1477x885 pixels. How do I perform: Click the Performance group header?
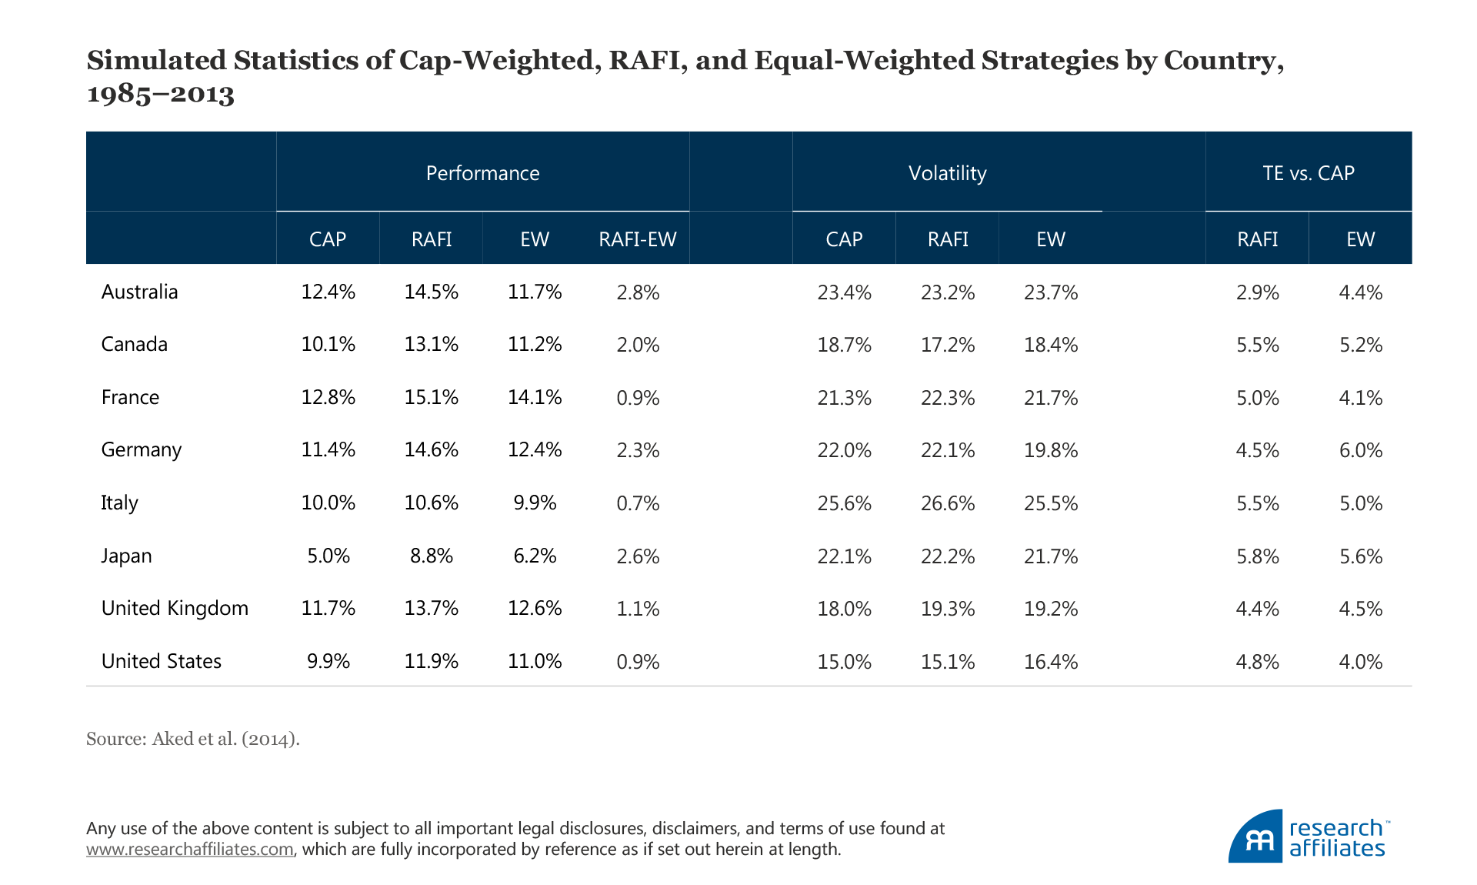click(482, 173)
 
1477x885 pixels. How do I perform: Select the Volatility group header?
click(947, 173)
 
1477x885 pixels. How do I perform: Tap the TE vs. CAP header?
click(1308, 173)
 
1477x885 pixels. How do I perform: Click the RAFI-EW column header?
click(637, 239)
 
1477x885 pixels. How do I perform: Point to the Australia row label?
click(139, 292)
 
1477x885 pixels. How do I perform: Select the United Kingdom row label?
click(175, 608)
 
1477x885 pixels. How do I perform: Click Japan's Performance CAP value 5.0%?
click(328, 556)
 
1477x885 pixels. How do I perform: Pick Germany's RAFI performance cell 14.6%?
click(432, 449)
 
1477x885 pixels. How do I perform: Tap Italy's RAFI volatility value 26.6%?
click(948, 503)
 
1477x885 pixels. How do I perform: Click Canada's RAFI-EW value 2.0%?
click(638, 345)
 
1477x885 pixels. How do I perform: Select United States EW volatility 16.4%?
click(1051, 662)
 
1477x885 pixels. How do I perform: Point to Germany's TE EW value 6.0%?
click(1361, 450)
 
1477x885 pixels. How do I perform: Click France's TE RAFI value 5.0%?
click(1258, 398)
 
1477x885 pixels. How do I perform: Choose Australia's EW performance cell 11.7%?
click(535, 292)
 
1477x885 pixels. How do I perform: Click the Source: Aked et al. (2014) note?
click(193, 739)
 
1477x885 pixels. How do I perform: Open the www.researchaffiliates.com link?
click(190, 850)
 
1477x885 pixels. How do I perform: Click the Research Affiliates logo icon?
click(1255, 837)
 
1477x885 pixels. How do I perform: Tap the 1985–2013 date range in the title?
click(160, 94)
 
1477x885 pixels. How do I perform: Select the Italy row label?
click(119, 503)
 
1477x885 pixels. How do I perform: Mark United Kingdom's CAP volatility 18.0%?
click(844, 609)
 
